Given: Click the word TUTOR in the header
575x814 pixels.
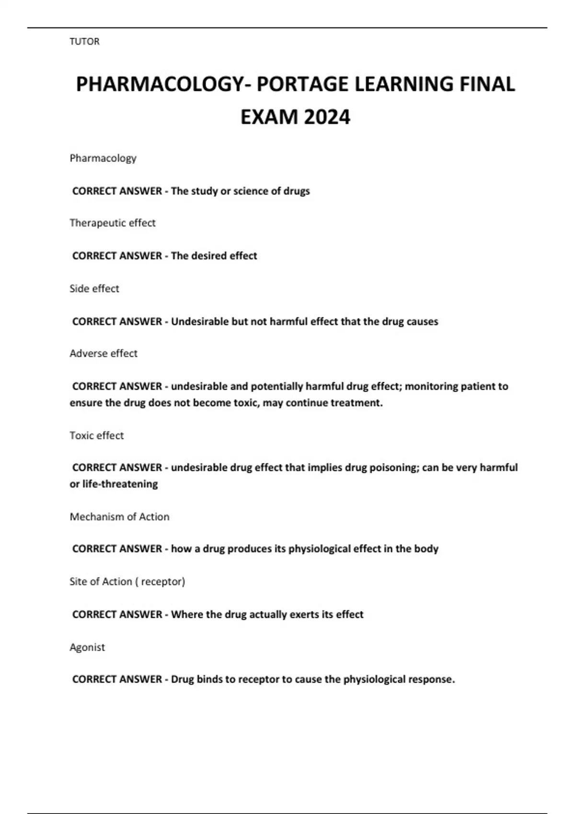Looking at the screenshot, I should point(84,42).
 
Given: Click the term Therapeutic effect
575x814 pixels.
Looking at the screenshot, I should point(113,223).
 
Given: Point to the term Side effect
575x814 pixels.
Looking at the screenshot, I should point(94,289).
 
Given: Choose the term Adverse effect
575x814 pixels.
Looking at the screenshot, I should point(103,353).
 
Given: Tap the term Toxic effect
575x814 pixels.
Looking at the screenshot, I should point(97,436).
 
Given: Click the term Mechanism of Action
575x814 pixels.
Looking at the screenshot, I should point(119,517).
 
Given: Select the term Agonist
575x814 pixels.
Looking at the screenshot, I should point(87,647).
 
